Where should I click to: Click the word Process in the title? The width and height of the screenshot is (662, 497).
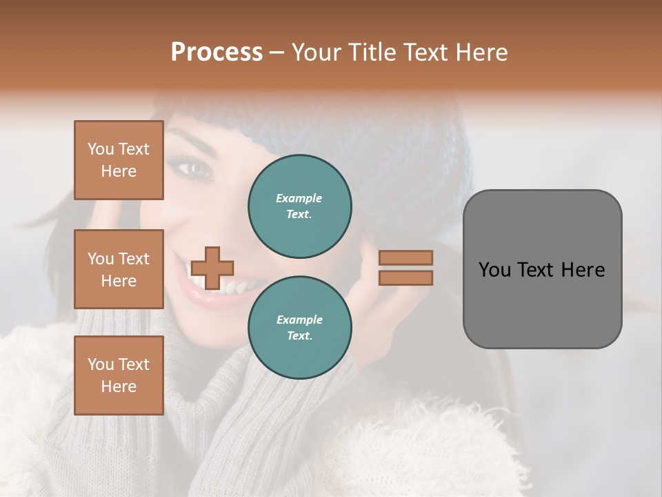217,52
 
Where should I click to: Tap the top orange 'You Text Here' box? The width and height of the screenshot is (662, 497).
119,160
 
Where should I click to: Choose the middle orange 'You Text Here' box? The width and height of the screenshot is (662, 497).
119,269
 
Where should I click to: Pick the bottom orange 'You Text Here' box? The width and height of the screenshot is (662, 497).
119,376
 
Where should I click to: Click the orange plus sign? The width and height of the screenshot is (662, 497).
212,268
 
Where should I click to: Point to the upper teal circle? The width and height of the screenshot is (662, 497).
299,206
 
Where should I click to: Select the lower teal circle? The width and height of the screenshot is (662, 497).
299,328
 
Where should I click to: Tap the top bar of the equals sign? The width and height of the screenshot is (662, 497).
405,258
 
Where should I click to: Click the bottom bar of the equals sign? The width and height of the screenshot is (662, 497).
405,278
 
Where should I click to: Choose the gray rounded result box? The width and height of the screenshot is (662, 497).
542,269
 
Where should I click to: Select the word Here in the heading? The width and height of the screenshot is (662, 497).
481,52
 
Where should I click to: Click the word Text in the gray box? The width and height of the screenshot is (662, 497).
541,270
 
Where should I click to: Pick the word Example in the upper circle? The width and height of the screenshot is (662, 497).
299,198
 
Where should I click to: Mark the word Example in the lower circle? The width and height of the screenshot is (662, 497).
299,320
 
